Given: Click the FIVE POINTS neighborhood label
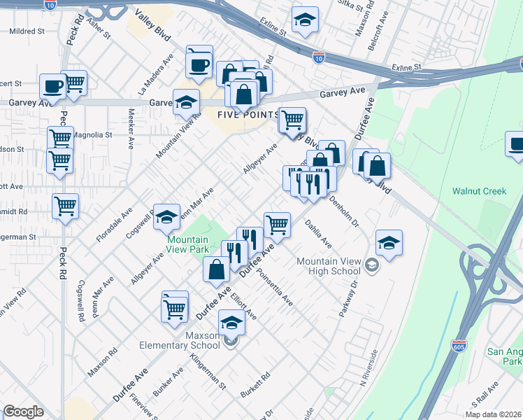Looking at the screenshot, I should [x=248, y=115].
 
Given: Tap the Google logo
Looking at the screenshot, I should [x=23, y=412].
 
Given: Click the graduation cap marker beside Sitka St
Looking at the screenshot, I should [x=305, y=21].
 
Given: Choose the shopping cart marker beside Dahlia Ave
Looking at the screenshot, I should [x=277, y=224].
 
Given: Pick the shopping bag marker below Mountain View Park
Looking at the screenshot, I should [x=216, y=269].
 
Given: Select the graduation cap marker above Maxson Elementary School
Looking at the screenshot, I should [x=231, y=322].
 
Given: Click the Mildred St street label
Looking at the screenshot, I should [x=27, y=31].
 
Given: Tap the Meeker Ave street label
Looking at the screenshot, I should [x=131, y=129].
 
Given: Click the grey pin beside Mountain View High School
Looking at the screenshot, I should [x=372, y=264].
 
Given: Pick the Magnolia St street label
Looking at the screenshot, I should [x=92, y=134].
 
